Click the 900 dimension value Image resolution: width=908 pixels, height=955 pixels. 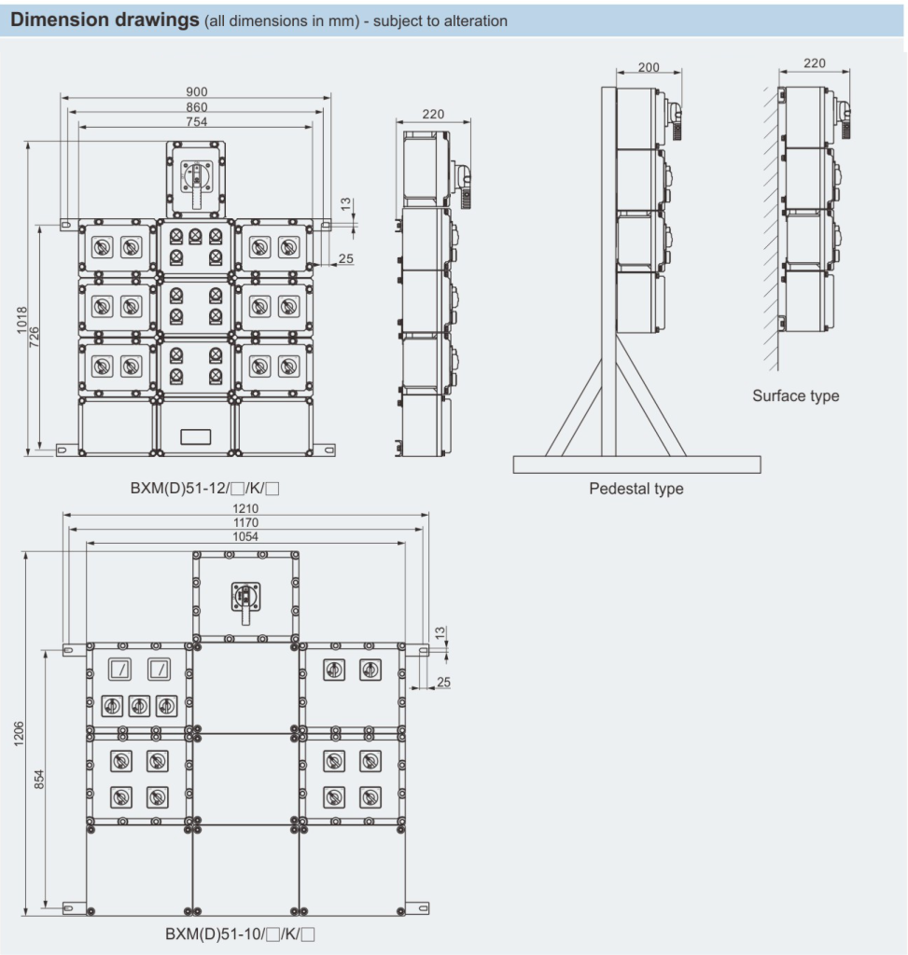(x=196, y=91)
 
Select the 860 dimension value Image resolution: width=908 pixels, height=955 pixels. (x=196, y=106)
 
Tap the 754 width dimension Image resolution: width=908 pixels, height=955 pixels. (x=196, y=121)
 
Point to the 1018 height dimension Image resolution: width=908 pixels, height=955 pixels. (x=22, y=321)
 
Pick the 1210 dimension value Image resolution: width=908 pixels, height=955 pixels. (x=246, y=508)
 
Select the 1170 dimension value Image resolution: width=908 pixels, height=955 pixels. (x=246, y=522)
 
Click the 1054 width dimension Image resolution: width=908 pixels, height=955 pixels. (x=246, y=536)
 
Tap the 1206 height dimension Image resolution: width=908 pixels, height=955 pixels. (x=20, y=733)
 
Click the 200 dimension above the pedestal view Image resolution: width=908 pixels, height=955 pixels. (x=650, y=67)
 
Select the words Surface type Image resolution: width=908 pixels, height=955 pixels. (x=795, y=395)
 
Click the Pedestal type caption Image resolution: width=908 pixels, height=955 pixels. (x=636, y=489)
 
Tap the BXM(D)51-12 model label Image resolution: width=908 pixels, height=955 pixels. (x=192, y=487)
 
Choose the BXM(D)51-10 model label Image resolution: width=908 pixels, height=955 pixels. (x=240, y=933)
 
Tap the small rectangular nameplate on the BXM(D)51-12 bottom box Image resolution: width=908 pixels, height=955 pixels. (x=196, y=435)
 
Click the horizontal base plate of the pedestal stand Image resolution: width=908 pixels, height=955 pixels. (x=636, y=464)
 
